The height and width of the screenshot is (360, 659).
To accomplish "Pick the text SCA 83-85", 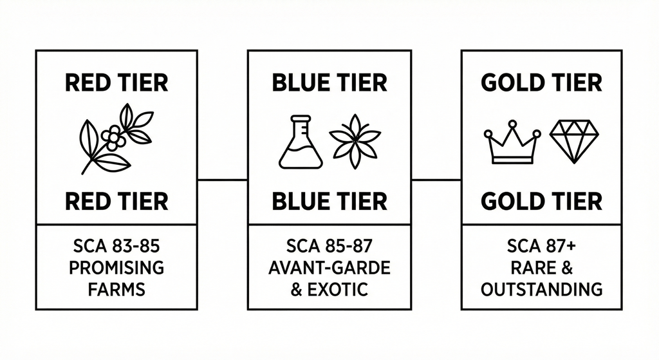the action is (x=116, y=246).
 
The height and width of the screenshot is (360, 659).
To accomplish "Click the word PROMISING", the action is (x=116, y=267).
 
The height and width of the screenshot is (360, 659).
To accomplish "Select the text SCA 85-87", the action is (x=329, y=246).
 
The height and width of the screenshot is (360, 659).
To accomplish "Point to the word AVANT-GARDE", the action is (x=329, y=267).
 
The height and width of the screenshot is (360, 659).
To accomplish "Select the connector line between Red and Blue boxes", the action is (x=222, y=180).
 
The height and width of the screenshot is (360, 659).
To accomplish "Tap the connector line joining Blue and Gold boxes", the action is (x=436, y=180).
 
